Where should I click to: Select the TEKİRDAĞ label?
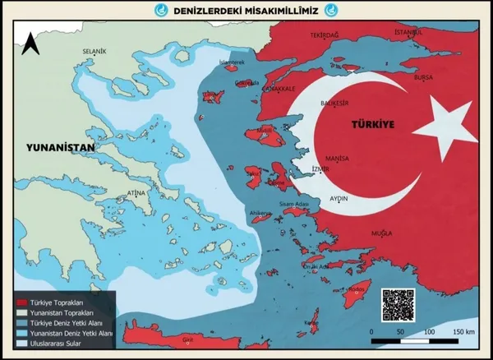(x=325, y=36)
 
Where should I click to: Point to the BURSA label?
(x=423, y=76)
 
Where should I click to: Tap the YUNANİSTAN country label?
(x=62, y=149)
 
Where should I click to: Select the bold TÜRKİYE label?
(x=374, y=126)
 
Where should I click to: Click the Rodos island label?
(x=357, y=288)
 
